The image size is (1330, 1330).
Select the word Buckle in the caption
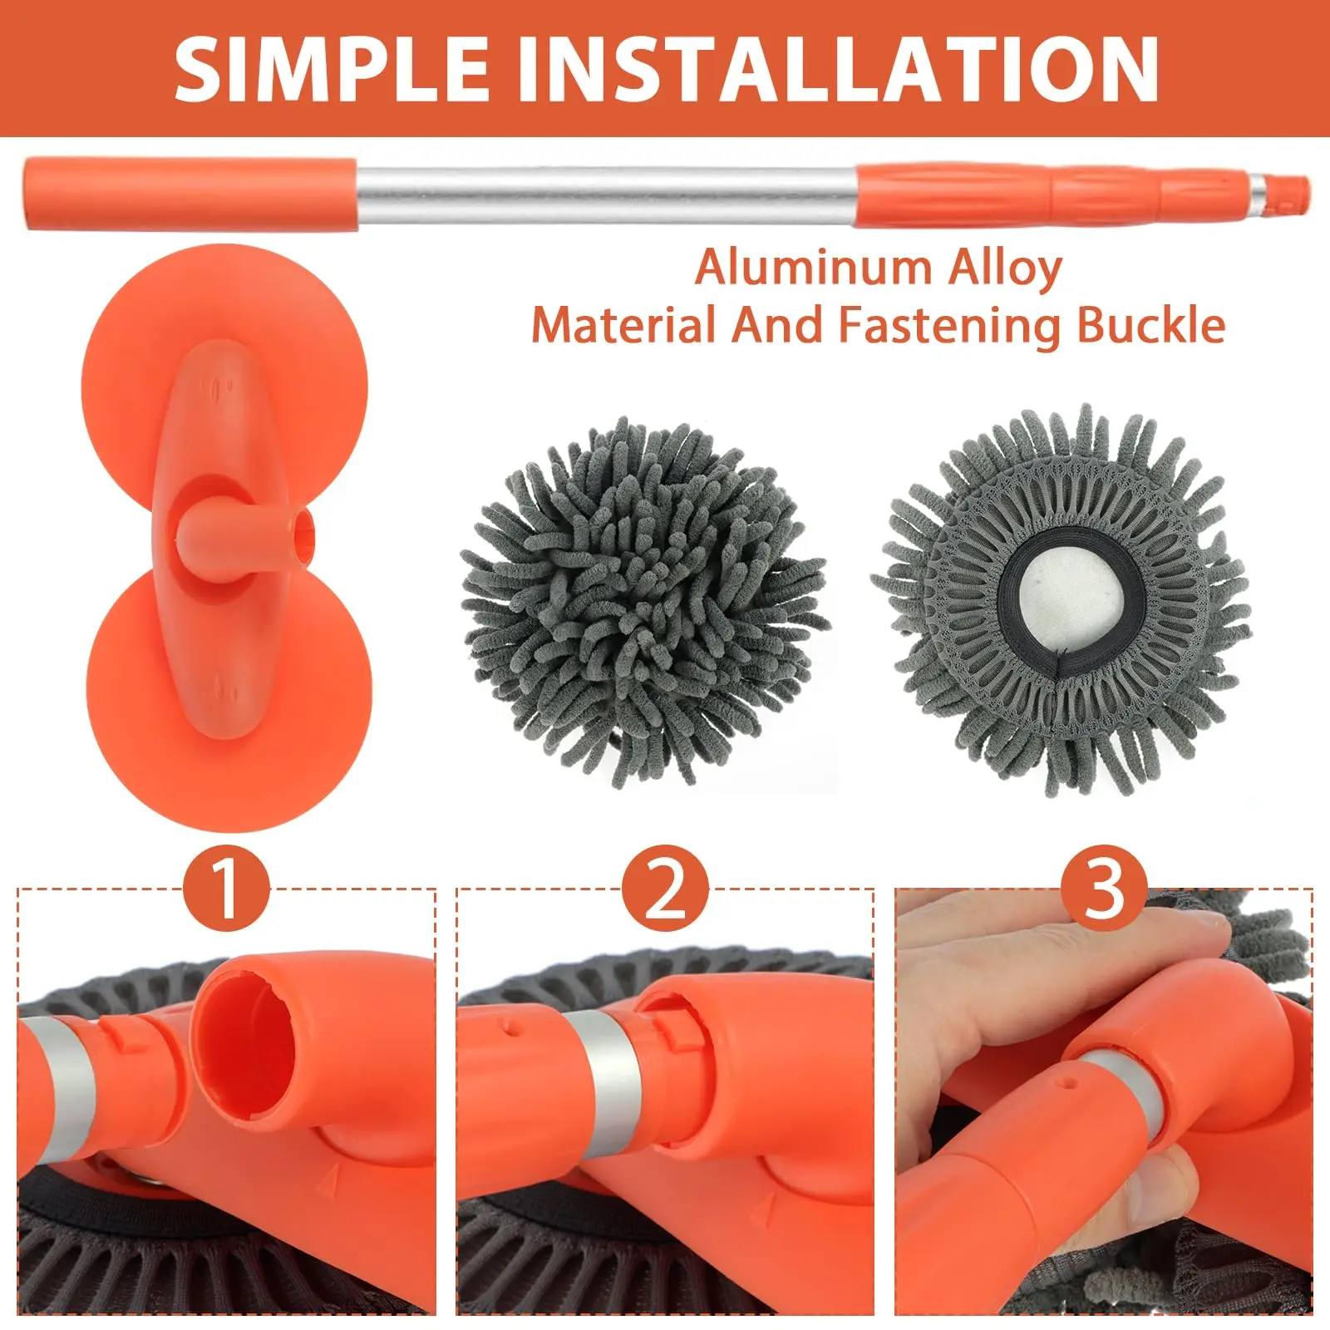pos(1151,325)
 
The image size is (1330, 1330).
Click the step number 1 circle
pos(226,888)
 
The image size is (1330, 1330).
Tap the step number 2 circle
pos(665,888)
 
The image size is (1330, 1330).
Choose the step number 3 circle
pos(1104,888)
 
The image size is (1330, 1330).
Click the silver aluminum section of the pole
pos(607,195)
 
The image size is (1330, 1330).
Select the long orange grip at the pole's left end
pos(191,194)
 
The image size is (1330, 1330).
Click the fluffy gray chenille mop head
pos(642,603)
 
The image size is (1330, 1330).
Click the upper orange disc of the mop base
pos(224,349)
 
